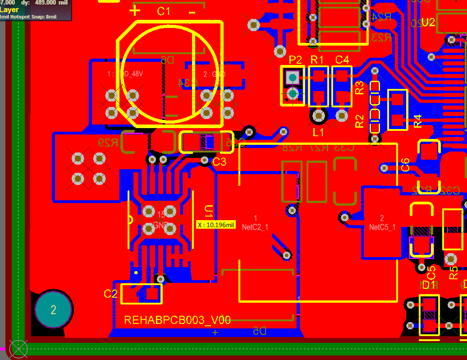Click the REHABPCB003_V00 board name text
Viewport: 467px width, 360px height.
pyautogui.click(x=177, y=320)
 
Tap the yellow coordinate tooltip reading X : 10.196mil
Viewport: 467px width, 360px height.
pyautogui.click(x=216, y=225)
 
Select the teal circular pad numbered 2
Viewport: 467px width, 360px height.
pyautogui.click(x=53, y=310)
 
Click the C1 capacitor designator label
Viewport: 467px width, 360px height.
pyautogui.click(x=164, y=11)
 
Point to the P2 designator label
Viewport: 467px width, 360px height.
pyautogui.click(x=295, y=60)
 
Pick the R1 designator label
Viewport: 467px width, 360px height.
pyautogui.click(x=317, y=60)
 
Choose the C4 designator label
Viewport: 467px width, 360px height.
pyautogui.click(x=342, y=60)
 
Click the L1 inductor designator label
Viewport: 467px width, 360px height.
pyautogui.click(x=318, y=133)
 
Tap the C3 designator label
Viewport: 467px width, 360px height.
pyautogui.click(x=219, y=162)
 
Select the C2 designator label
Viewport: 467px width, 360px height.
pyautogui.click(x=110, y=294)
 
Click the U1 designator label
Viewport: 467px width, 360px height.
pyautogui.click(x=209, y=212)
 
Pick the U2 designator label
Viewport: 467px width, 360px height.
pyautogui.click(x=428, y=23)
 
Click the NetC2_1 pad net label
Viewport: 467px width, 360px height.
pyautogui.click(x=255, y=227)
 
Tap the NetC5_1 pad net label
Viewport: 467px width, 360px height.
pyautogui.click(x=382, y=227)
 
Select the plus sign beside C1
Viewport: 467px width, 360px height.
pyautogui.click(x=135, y=10)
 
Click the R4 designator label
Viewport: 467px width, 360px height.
pyautogui.click(x=418, y=121)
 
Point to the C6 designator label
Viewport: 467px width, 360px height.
pyautogui.click(x=405, y=165)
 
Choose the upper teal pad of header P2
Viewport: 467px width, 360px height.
pyautogui.click(x=293, y=78)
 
